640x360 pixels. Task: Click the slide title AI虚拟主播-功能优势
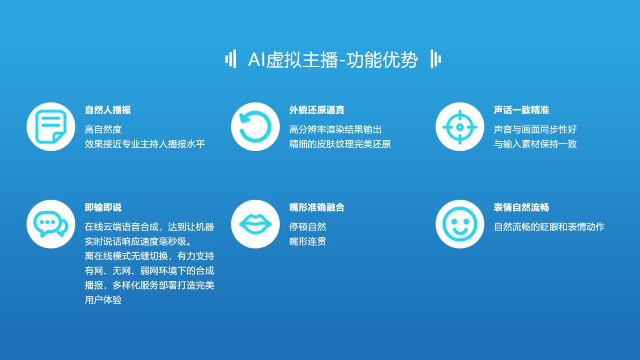tap(333, 60)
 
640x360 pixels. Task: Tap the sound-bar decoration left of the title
tap(230, 59)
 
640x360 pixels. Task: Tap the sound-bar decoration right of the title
tap(436, 59)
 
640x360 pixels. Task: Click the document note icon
tap(51, 127)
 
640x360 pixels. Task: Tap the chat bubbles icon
tap(51, 224)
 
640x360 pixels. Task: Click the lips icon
tap(255, 224)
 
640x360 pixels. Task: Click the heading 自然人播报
tap(108, 110)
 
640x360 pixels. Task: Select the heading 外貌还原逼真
tap(316, 110)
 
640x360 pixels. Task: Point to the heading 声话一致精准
tap(521, 110)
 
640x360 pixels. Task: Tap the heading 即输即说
tap(103, 208)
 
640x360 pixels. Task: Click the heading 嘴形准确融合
tap(316, 208)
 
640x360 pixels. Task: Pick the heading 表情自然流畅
tap(521, 208)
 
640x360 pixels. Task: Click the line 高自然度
tap(103, 130)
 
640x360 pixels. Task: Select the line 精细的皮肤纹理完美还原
tap(340, 144)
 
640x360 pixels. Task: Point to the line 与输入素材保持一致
tap(535, 144)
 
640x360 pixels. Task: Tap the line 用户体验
tap(103, 300)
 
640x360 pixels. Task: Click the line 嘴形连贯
tap(308, 242)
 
